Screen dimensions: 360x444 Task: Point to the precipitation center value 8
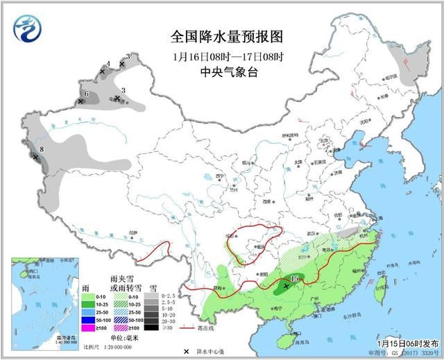click(x=42, y=148)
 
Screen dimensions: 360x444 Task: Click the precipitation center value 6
click(x=86, y=94)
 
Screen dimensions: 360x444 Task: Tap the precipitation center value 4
click(x=108, y=64)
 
